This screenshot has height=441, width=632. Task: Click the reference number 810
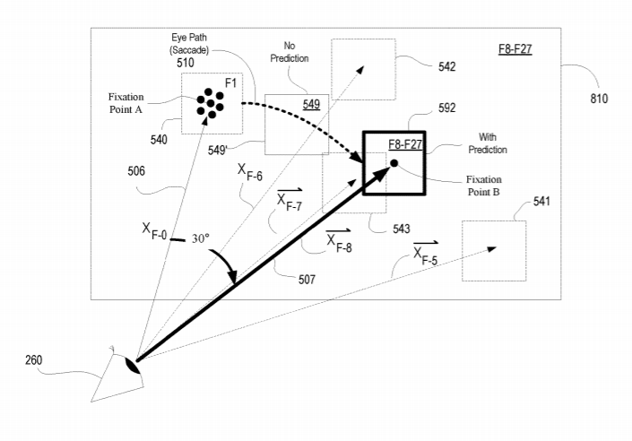click(599, 99)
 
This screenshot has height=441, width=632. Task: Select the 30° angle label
click(199, 239)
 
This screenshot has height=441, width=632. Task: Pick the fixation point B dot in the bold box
click(394, 163)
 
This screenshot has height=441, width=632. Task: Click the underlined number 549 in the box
click(310, 105)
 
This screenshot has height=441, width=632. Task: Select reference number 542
click(447, 66)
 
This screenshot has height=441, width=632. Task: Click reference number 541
click(541, 202)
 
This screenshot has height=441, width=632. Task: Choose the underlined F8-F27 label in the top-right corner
click(515, 48)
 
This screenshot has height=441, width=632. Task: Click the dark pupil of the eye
click(133, 365)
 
